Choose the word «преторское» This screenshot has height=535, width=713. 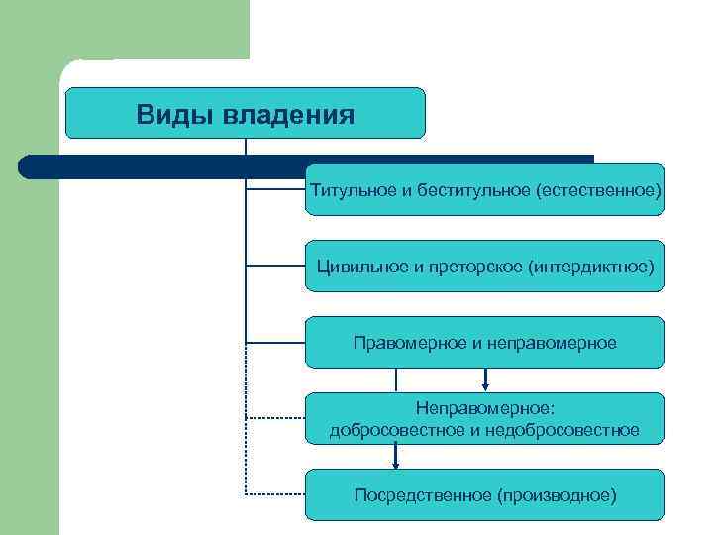coord(475,266)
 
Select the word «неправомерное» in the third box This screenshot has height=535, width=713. coord(552,342)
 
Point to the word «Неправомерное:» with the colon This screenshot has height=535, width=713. coord(484,407)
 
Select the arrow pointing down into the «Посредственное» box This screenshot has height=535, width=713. coord(396,459)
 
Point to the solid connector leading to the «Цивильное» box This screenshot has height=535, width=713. coord(274,265)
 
